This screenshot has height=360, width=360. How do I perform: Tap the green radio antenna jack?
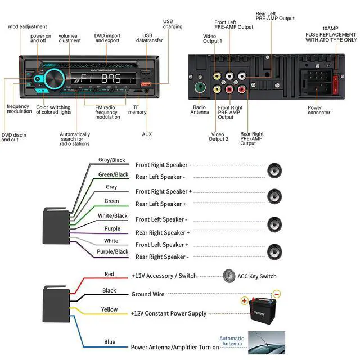pos(199,88)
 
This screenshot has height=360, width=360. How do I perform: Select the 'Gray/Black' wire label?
pos(112,160)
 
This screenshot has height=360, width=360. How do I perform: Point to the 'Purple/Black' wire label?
pos(112,251)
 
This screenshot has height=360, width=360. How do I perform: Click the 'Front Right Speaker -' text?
pos(163,165)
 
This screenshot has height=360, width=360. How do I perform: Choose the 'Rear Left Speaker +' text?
pos(161,204)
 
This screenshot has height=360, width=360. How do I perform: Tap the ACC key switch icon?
pos(229,276)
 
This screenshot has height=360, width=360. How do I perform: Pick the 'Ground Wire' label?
pos(148,294)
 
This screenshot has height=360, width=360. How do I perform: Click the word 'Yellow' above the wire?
pos(109,309)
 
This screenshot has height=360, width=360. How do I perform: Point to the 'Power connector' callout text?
pos(318,110)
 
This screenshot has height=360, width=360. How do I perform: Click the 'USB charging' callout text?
pos(173,24)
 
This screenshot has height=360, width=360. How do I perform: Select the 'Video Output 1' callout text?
pos(212,38)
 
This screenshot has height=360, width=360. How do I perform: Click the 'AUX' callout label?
pos(147,134)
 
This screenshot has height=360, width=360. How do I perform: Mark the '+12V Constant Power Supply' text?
pos(169,313)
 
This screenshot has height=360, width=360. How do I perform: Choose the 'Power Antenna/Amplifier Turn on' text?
pos(175,347)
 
